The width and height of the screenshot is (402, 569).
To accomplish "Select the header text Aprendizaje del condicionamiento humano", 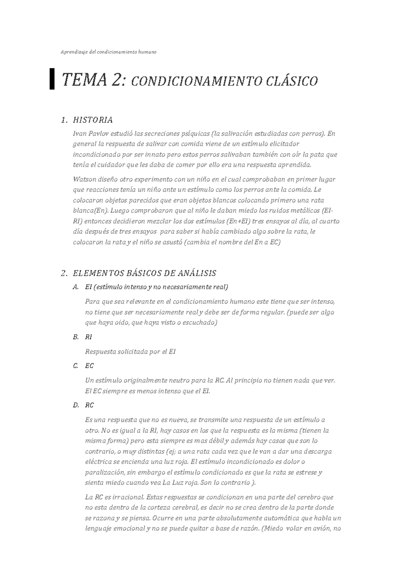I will (x=108, y=52).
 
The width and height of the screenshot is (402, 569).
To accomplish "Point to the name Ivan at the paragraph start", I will (x=79, y=134).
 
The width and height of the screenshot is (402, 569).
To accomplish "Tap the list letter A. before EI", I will (x=76, y=287).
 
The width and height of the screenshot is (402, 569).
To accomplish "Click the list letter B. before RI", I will (x=76, y=337).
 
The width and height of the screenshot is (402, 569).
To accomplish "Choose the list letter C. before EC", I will (x=76, y=366).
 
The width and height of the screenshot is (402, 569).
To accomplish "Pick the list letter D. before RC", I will (x=76, y=405).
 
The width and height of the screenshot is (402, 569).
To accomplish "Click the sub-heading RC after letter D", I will (x=89, y=405).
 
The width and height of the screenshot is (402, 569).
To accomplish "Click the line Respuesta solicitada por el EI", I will (x=130, y=352).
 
